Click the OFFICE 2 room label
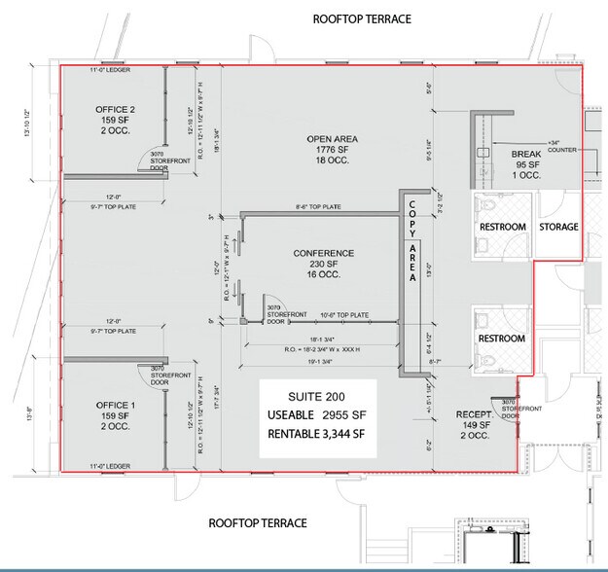pos(115,108)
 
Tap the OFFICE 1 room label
pos(114,404)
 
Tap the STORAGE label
pos(558,227)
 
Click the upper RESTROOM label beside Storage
pos(502,227)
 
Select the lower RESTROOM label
pos(502,339)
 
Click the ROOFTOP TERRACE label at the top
pos(361,19)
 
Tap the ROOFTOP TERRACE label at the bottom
pos(258,522)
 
